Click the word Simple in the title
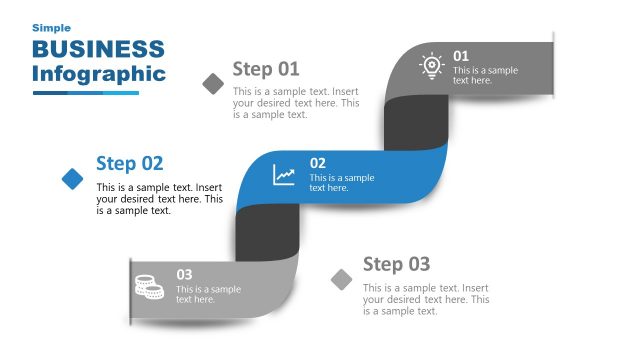[51, 28]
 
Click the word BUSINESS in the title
[98, 49]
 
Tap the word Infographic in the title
[98, 74]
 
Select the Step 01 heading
[266, 69]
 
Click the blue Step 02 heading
[129, 164]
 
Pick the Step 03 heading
[396, 264]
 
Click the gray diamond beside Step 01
[213, 83]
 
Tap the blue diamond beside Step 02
[72, 178]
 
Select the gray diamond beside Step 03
[342, 279]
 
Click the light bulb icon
[431, 66]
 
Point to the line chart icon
[285, 175]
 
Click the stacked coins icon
[149, 287]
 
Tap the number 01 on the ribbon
[461, 56]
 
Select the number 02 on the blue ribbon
[317, 163]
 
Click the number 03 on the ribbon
[184, 274]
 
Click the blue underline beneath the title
[85, 93]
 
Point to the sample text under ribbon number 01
[485, 75]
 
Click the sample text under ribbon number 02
[341, 183]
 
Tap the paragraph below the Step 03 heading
[425, 299]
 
